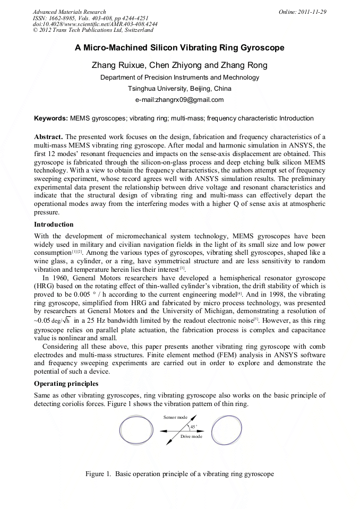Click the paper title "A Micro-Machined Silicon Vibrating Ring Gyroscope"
[x=179, y=48]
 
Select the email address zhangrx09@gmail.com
[x=179, y=99]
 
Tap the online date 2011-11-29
[x=312, y=12]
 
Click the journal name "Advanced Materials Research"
[x=69, y=12]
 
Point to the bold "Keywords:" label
[x=51, y=118]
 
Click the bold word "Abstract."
[x=49, y=137]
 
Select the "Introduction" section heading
[x=54, y=225]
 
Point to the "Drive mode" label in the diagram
[x=191, y=436]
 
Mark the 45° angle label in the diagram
[x=193, y=426]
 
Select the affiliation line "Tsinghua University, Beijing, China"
[x=179, y=88]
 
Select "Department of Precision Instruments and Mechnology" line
[x=179, y=77]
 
